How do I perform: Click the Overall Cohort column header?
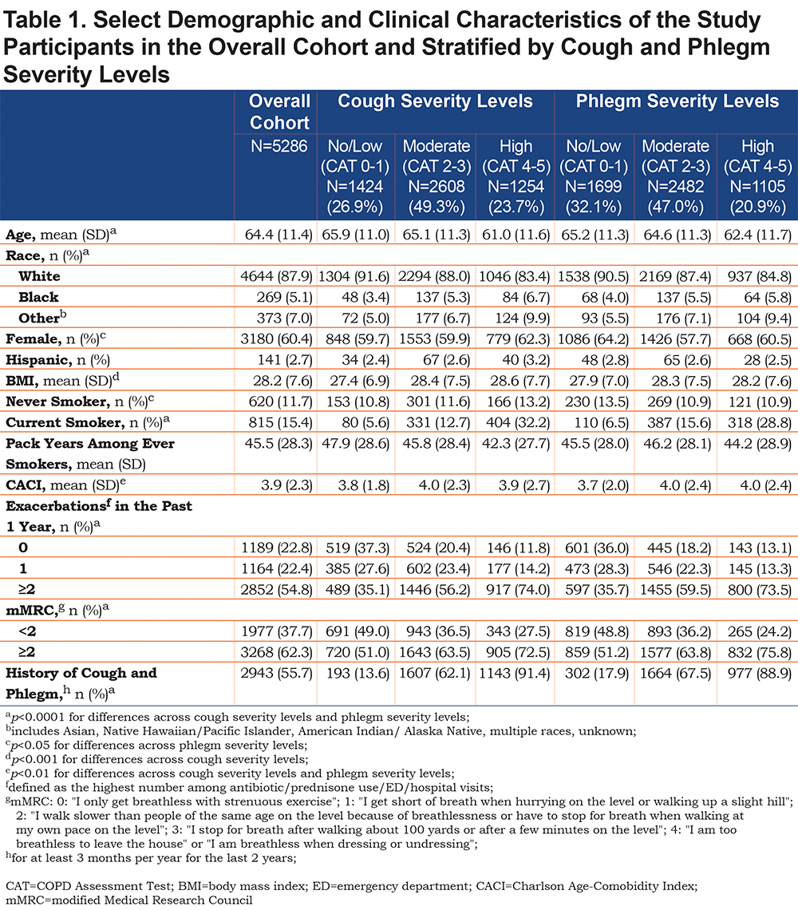click(279, 112)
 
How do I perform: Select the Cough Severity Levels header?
click(435, 101)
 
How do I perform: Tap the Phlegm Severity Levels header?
click(678, 101)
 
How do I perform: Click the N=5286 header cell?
click(279, 145)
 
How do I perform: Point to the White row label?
click(39, 276)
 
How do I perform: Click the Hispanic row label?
click(58, 360)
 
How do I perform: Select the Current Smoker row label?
click(81, 422)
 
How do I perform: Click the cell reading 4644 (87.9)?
click(277, 276)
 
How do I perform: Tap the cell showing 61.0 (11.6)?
click(516, 235)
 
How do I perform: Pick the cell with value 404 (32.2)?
click(516, 422)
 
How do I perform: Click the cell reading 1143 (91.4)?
click(514, 673)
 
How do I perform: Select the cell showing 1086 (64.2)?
click(593, 339)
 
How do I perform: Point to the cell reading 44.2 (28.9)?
click(757, 444)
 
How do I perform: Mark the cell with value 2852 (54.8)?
click(277, 590)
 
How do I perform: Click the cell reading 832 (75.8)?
click(760, 652)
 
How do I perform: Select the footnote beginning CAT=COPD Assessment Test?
click(352, 893)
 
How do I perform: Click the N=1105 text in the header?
click(757, 186)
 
